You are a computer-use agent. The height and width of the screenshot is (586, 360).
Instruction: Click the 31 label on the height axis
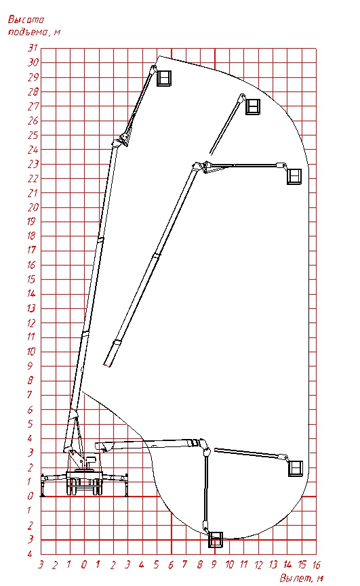click(x=33, y=48)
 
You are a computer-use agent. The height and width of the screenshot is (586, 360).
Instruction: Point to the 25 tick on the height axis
click(x=33, y=135)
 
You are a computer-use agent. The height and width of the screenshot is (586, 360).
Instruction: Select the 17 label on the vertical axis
click(x=32, y=250)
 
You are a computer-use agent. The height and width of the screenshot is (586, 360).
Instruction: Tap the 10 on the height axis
click(x=31, y=352)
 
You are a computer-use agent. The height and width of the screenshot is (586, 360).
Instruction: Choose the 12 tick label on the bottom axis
click(x=258, y=564)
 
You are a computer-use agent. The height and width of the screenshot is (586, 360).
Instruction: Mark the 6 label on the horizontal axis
click(x=170, y=564)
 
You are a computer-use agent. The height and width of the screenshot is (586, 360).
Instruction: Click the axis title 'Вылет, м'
click(x=301, y=578)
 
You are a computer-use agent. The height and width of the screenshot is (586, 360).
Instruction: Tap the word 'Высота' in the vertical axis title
click(x=26, y=20)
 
